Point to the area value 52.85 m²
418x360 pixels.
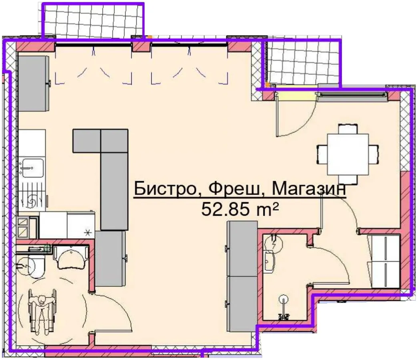tap(240, 209)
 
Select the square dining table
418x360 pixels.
tap(348, 154)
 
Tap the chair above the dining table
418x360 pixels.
tap(348, 129)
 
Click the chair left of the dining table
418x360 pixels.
tap(322, 154)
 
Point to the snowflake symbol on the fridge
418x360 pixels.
tap(88, 233)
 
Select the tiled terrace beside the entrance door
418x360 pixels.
tap(303, 64)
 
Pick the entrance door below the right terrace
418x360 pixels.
tap(296, 114)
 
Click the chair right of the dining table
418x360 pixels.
tap(374, 154)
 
